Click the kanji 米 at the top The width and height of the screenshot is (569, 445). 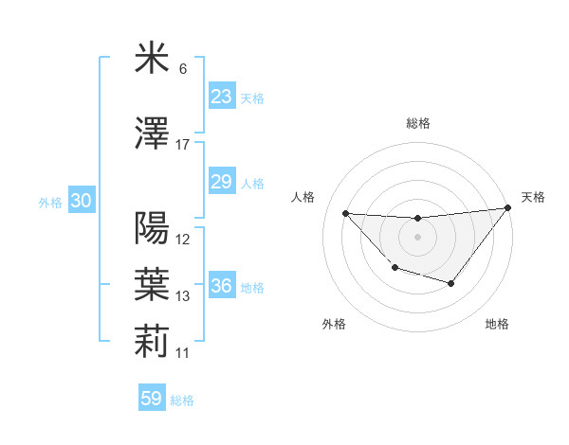click(152, 59)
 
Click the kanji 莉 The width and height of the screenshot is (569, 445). click(152, 342)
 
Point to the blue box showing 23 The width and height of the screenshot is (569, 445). click(222, 97)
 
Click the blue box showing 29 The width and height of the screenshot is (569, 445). click(222, 182)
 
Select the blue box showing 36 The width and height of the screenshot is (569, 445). click(222, 286)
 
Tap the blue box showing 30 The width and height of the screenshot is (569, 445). click(81, 202)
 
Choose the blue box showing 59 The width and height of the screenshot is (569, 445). click(152, 399)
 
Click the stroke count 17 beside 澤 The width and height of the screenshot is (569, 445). click(183, 144)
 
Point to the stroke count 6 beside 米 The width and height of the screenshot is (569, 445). click(182, 69)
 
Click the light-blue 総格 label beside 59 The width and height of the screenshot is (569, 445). click(182, 400)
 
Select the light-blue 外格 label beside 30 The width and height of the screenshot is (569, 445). click(50, 203)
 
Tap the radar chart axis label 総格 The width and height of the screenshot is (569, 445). click(417, 123)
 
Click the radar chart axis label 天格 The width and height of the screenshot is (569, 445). click(533, 197)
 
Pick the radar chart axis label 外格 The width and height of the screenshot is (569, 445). click(334, 325)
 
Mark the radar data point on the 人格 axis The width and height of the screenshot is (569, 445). click(345, 213)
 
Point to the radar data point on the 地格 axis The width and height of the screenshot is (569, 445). click(451, 283)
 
